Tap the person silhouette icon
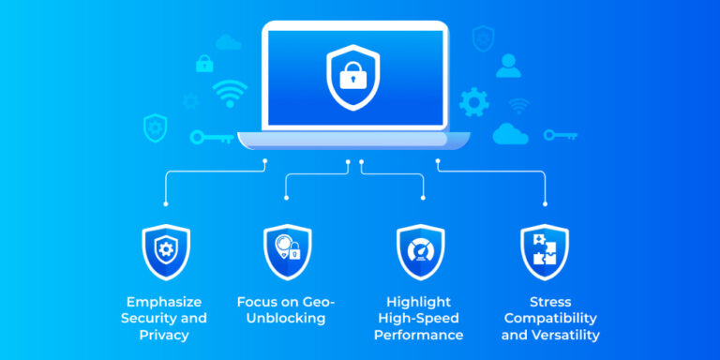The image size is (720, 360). pyautogui.click(x=508, y=65)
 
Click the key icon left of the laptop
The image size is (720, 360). pyautogui.click(x=211, y=137)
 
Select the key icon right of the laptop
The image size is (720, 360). pyautogui.click(x=561, y=135)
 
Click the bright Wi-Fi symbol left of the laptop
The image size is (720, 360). pyautogui.click(x=231, y=94)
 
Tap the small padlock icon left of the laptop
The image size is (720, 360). pyautogui.click(x=204, y=64)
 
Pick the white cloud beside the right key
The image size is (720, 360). pyautogui.click(x=512, y=133)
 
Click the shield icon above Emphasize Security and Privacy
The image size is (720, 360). pyautogui.click(x=166, y=250)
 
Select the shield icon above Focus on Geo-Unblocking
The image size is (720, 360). pyautogui.click(x=287, y=250)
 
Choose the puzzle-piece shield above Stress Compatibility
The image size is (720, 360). pyautogui.click(x=545, y=250)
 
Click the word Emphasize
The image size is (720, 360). pyautogui.click(x=166, y=302)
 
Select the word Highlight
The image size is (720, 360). pyautogui.click(x=418, y=302)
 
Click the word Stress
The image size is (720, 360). pyautogui.click(x=549, y=302)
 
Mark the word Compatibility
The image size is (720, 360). pyautogui.click(x=550, y=318)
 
